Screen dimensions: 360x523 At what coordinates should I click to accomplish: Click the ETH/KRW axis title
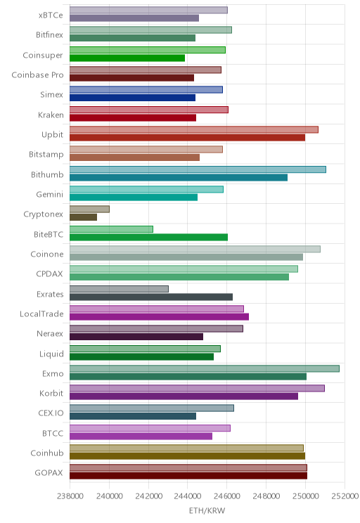pos(207,510)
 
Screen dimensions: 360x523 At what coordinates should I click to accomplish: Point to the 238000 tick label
pos(70,496)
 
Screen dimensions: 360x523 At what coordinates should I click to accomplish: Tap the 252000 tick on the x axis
pos(345,496)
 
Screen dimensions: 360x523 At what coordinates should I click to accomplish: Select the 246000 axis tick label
pos(227,496)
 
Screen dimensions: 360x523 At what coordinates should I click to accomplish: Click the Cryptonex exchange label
pos(43,214)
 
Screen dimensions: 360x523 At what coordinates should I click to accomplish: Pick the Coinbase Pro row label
pos(37,75)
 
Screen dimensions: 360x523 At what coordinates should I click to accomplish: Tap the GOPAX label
pos(49,472)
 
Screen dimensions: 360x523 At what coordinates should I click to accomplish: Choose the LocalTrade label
pos(41,314)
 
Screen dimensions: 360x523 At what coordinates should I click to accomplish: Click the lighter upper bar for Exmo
pos(205,368)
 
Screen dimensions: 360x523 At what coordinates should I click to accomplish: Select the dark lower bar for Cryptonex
pos(84,217)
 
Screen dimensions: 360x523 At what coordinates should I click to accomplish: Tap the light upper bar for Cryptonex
pos(89,209)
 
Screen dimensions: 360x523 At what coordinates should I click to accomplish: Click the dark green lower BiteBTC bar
pos(149,237)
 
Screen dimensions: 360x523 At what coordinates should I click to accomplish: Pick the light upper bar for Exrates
pos(119,289)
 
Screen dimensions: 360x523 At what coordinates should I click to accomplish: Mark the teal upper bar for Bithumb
pos(198,169)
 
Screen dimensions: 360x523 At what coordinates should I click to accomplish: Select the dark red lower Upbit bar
pos(188,137)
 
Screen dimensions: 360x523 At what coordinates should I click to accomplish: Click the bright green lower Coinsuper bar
pos(127,58)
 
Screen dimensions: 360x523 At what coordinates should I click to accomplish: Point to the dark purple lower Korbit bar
pos(184,396)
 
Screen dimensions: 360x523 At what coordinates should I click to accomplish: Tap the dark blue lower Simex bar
pos(132,98)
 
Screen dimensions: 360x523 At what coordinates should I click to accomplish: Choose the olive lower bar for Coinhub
pos(188,456)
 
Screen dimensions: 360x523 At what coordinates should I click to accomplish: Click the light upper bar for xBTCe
pos(149,10)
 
